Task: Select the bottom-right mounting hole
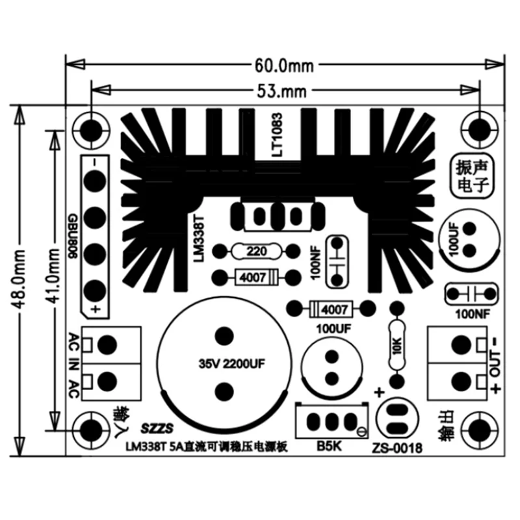point(480,429)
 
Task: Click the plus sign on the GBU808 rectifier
point(95,309)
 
